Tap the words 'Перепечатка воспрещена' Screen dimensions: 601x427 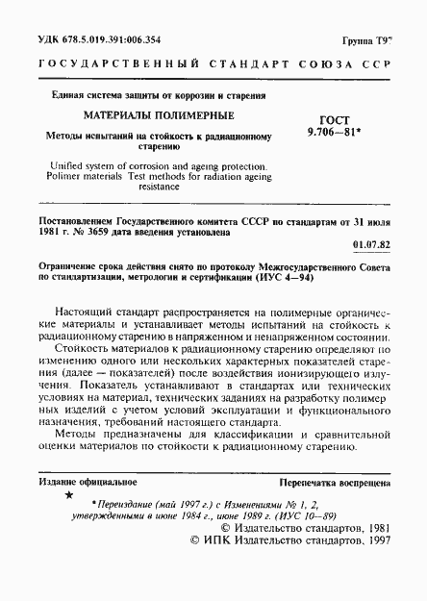tap(334, 479)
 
